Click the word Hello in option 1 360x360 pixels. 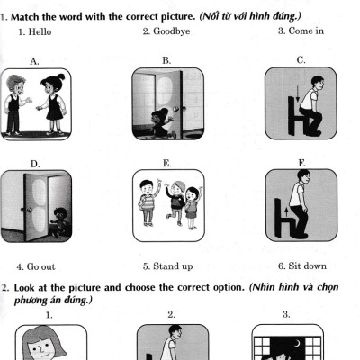point(40,31)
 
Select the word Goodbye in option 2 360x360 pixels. point(172,31)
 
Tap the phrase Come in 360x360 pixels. point(306,31)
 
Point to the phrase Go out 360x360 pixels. point(41,266)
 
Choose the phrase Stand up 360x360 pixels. point(173,266)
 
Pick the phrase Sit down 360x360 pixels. point(308,265)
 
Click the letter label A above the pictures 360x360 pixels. point(34,61)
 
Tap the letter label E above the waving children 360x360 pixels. point(167,164)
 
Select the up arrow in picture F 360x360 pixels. point(287,211)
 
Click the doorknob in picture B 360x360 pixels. point(175,109)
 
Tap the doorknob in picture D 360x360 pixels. point(30,210)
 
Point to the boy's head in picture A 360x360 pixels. point(15,85)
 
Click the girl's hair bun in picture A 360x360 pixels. point(61,76)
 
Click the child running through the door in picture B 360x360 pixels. point(159,123)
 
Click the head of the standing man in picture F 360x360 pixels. point(303,177)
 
